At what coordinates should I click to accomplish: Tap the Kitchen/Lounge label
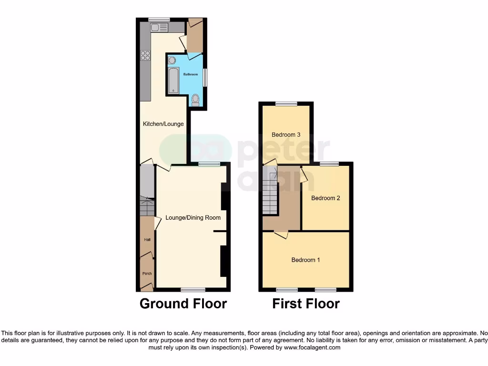(163, 124)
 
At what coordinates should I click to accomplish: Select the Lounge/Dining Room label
(193, 218)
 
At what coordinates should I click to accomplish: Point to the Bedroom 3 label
(286, 135)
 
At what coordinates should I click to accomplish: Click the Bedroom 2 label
(325, 198)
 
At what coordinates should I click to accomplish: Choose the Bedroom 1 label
(305, 260)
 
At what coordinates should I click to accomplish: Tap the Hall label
(147, 240)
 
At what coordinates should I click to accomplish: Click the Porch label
(147, 274)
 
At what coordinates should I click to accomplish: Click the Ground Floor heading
(183, 304)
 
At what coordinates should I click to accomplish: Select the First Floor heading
(306, 304)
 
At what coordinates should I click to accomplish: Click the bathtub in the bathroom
(173, 80)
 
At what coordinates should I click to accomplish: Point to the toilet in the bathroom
(195, 100)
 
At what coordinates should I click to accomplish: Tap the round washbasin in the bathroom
(172, 60)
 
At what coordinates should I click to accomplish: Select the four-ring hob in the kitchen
(145, 56)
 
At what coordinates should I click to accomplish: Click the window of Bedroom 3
(286, 103)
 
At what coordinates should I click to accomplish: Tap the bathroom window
(205, 78)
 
